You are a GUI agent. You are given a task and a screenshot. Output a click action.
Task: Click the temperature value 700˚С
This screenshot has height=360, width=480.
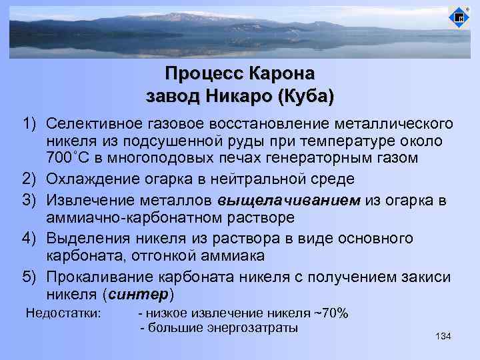point(70,158)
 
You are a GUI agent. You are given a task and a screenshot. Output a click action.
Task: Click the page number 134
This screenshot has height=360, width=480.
point(443,337)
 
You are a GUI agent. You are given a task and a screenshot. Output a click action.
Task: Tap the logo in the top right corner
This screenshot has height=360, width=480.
point(459,18)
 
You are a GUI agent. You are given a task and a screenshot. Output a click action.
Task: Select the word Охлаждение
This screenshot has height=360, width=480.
point(90,179)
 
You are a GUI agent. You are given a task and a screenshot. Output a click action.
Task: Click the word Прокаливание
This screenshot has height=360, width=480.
point(97,277)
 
